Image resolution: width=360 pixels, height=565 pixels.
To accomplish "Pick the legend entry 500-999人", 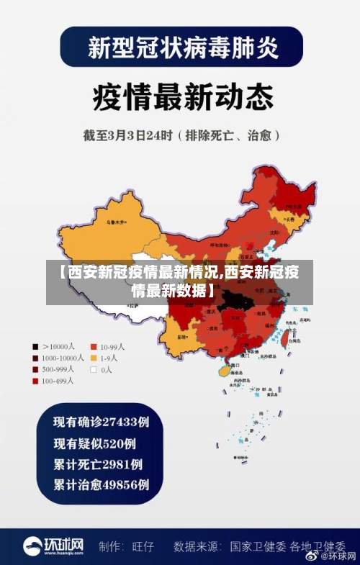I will [x=53, y=369].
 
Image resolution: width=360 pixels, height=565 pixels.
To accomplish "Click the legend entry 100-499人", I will [x=53, y=381].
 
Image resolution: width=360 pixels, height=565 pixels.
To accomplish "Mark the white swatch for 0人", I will [x=94, y=369].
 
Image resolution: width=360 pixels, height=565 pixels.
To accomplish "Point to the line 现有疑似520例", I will [x=95, y=443].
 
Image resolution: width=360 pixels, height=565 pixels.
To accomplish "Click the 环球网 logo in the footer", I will [x=53, y=546].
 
